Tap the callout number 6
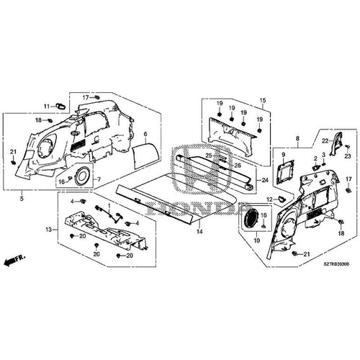tap(145, 135)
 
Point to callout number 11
tap(46, 107)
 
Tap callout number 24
tap(264, 180)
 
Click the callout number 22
tap(325, 141)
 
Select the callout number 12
tap(269, 199)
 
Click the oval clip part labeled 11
tap(60, 106)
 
